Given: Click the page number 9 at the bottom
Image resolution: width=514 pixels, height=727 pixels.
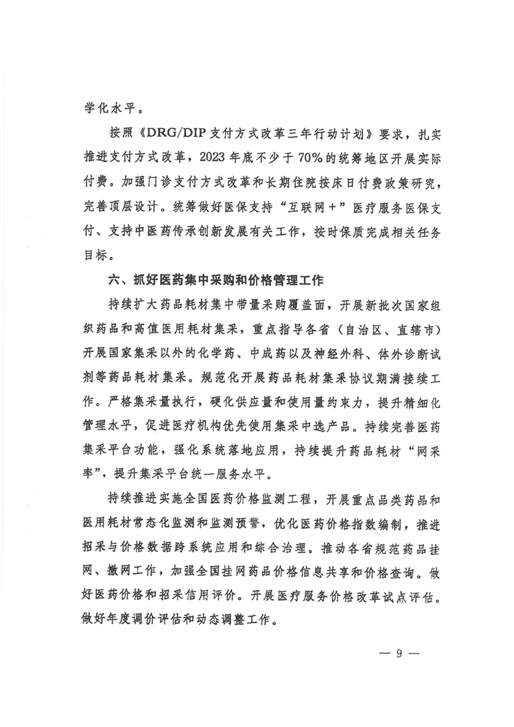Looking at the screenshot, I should tap(399, 653).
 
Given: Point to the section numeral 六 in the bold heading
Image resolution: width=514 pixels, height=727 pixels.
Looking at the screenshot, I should tap(113, 281).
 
